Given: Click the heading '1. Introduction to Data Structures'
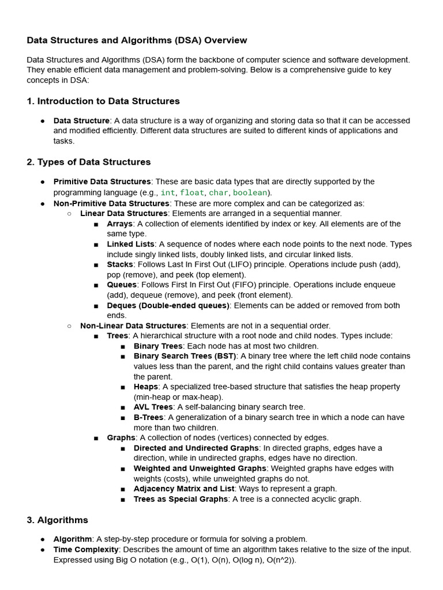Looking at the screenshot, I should pyautogui.click(x=103, y=101).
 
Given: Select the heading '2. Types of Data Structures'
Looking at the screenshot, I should pyautogui.click(x=89, y=162).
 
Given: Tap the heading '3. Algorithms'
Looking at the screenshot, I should pyautogui.click(x=57, y=520).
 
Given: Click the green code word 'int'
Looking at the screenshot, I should pyautogui.click(x=167, y=192).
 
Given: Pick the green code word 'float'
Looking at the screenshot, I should pyautogui.click(x=192, y=192).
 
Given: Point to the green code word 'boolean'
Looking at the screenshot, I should pyautogui.click(x=250, y=192).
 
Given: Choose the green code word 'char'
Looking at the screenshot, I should pyautogui.click(x=219, y=192).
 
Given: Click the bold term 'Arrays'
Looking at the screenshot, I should pyautogui.click(x=119, y=224).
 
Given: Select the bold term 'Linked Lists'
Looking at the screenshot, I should pyautogui.click(x=130, y=244).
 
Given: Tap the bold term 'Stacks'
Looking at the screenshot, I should pyautogui.click(x=119, y=264).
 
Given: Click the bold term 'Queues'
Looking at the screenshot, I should pyautogui.click(x=122, y=285).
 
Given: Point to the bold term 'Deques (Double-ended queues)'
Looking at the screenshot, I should pyautogui.click(x=168, y=305).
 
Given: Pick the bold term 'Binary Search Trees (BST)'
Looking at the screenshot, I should pyautogui.click(x=185, y=356).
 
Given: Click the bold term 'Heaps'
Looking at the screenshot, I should pyautogui.click(x=145, y=387).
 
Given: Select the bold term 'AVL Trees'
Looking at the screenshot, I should pyautogui.click(x=153, y=407).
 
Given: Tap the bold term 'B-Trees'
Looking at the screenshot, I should pyautogui.click(x=148, y=417).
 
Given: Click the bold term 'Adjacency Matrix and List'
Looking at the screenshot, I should pyautogui.click(x=181, y=489).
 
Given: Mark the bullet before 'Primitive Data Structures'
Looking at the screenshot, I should pyautogui.click(x=43, y=182).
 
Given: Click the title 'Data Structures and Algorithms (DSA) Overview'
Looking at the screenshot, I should pyautogui.click(x=137, y=40).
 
